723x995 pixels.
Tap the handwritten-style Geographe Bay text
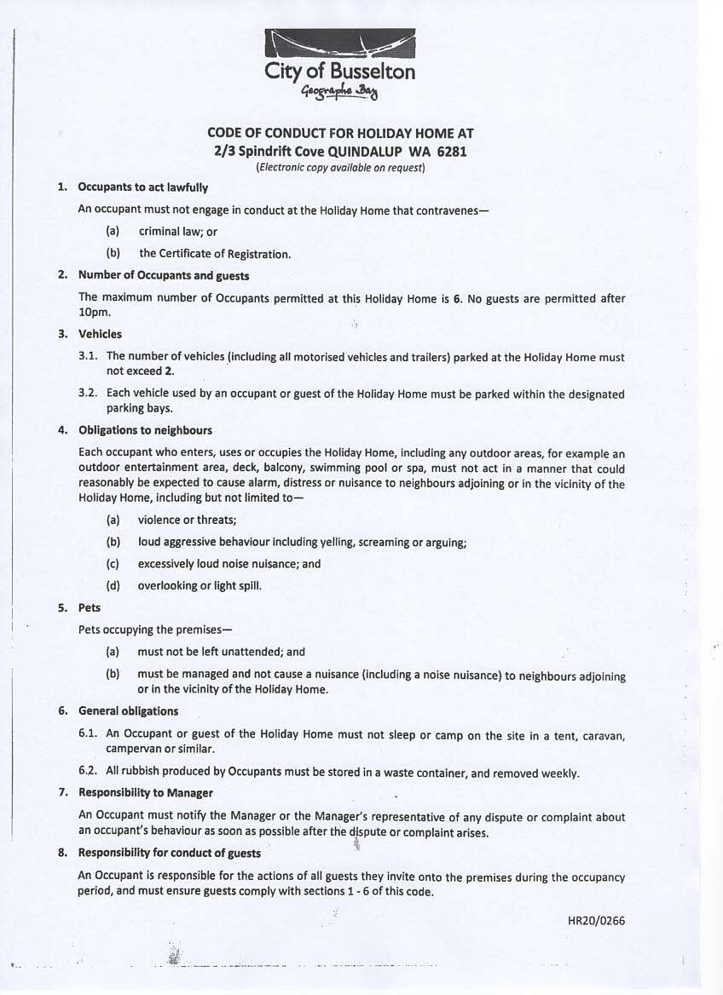click(x=340, y=93)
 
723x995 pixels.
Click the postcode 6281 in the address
click(x=451, y=152)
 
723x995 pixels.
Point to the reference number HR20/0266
click(x=596, y=920)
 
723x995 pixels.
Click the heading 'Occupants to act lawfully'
click(x=142, y=187)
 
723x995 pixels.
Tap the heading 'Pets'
click(x=90, y=607)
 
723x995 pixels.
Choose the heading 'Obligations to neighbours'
click(x=145, y=430)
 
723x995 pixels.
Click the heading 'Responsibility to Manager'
click(x=145, y=792)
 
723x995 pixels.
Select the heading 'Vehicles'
click(x=100, y=334)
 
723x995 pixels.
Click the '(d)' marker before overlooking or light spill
click(x=113, y=585)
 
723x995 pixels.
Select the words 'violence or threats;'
click(x=187, y=520)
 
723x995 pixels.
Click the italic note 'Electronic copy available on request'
click(x=340, y=168)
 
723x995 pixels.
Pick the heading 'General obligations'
click(x=128, y=710)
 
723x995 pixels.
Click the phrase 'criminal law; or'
click(x=178, y=231)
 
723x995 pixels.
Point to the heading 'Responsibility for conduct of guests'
click(x=170, y=852)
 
